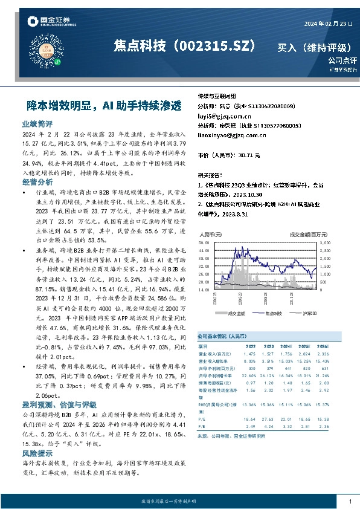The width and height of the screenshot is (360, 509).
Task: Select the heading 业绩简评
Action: coord(36,123)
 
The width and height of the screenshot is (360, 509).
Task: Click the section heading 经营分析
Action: coord(36,181)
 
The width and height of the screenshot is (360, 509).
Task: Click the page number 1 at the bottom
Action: coord(350,502)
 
